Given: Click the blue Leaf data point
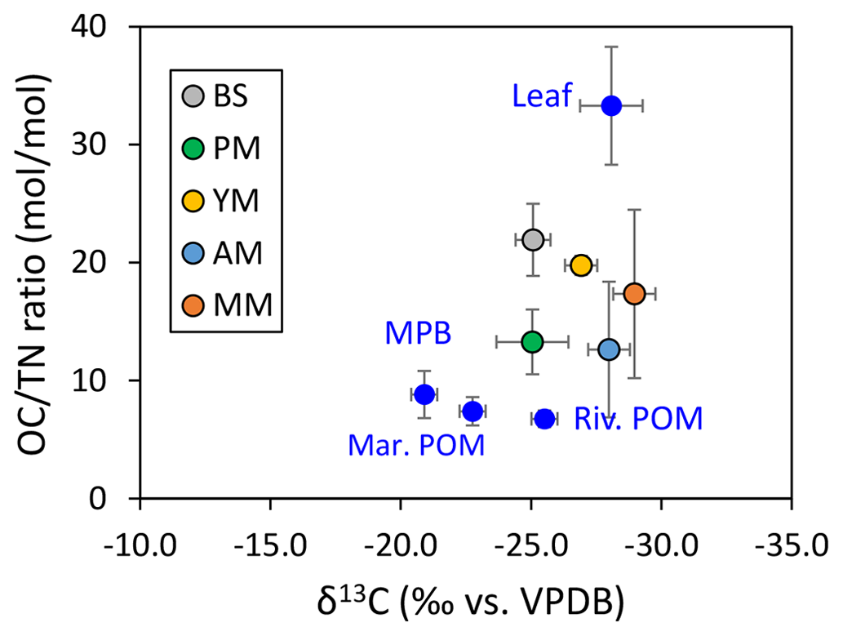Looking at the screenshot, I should [611, 105].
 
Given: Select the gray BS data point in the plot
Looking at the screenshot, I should [533, 239].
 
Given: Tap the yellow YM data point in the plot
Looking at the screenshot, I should [581, 265].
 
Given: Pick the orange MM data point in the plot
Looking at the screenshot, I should [634, 293].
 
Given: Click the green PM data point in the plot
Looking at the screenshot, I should [532, 341].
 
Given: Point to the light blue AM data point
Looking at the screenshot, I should [609, 349].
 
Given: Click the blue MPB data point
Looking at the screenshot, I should [424, 394].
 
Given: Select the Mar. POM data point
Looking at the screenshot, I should [473, 411].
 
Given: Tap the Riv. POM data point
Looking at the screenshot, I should [544, 419].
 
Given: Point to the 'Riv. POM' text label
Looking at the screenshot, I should [638, 419].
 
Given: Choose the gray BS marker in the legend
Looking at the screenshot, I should [193, 96].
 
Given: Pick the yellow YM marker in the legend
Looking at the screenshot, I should [193, 201].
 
